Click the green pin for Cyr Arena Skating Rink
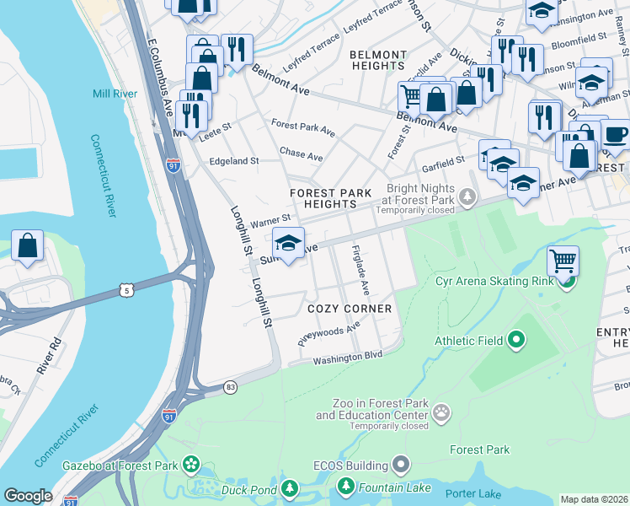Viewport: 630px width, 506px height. [567, 281]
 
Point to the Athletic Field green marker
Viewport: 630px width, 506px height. [515, 341]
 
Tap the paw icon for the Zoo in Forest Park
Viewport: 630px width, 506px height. [442, 412]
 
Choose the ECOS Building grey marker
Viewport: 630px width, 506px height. [401, 465]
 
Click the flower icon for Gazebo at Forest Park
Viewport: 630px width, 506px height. [191, 465]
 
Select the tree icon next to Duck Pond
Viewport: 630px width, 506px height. [290, 489]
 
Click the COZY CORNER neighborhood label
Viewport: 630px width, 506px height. [350, 309]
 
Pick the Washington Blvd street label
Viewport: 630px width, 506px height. [348, 358]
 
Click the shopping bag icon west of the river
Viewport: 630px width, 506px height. [28, 246]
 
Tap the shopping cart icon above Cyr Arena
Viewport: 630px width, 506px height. [563, 260]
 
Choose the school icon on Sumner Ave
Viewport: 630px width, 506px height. [288, 244]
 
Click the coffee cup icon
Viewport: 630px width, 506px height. [616, 134]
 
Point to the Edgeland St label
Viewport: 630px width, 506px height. [233, 160]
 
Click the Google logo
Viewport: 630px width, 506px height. [28, 496]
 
